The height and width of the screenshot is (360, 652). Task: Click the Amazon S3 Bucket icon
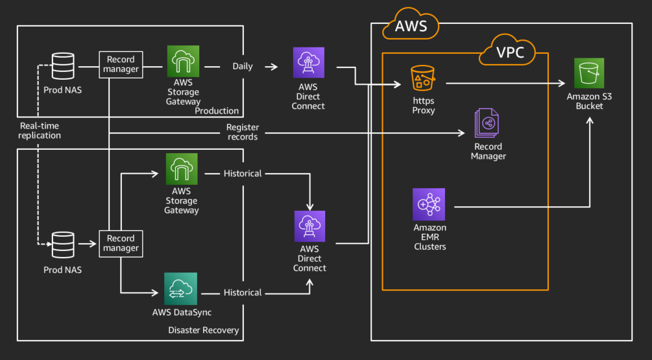589,73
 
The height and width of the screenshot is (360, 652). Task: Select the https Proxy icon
424,79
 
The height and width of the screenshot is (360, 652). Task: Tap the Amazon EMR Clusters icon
429,204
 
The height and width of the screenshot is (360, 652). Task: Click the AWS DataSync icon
181,289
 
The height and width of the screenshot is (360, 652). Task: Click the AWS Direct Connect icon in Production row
308,63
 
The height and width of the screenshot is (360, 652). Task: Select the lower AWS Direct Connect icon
309,226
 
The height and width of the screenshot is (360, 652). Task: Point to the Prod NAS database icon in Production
63,66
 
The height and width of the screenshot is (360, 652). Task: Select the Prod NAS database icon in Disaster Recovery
63,245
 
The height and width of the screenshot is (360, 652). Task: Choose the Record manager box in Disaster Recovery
121,243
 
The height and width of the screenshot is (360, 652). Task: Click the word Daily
243,66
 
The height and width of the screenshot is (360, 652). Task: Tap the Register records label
243,132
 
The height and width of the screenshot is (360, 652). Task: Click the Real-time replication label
40,130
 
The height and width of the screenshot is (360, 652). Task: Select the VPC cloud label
510,53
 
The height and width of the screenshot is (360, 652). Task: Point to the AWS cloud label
411,26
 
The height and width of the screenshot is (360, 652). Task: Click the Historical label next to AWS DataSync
243,293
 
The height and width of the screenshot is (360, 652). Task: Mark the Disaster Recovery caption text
204,330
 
